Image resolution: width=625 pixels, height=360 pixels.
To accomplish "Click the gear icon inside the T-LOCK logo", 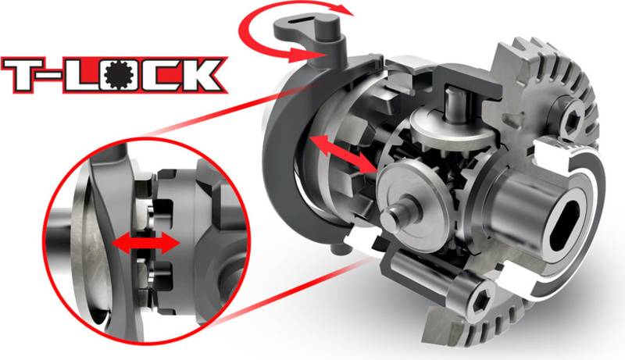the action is coord(119,76).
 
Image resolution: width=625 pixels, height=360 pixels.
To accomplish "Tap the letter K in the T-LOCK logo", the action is coord(198,76).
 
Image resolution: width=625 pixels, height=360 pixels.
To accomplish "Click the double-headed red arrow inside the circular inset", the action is coord(145,243).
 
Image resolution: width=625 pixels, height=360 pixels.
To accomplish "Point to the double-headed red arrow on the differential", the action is coord(342,155).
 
